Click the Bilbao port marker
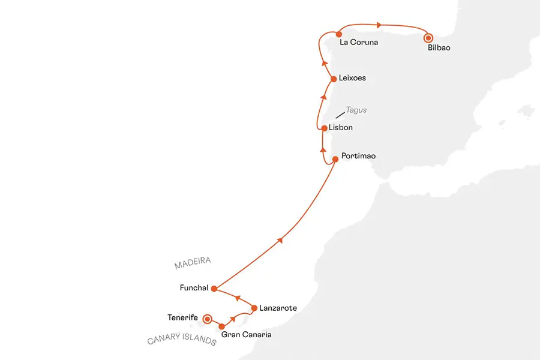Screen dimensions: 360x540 tap(428, 38)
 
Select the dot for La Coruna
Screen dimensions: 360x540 tap(339, 34)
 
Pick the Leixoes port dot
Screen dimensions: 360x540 tap(334, 78)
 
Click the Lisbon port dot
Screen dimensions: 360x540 tap(324, 128)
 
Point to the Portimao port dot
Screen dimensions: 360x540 tap(335, 159)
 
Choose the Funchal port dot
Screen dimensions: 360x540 tap(214, 288)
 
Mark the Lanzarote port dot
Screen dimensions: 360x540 tap(254, 308)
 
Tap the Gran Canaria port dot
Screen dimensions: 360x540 tap(222, 326)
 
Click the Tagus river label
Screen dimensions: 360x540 tap(356, 110)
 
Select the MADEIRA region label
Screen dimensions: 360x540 tap(193, 264)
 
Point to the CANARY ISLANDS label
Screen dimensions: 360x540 tap(182, 341)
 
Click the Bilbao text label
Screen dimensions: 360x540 tap(439, 48)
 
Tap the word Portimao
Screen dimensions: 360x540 tap(358, 156)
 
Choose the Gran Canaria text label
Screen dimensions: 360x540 tap(246, 334)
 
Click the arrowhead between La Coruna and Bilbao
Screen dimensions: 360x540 tap(379, 25)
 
